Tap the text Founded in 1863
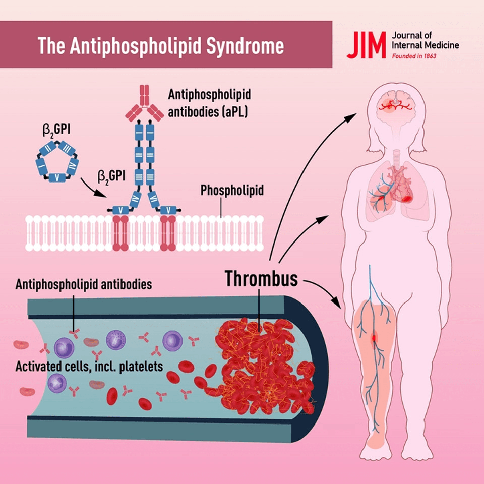click(x=414, y=56)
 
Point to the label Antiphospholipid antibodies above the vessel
click(x=84, y=285)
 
